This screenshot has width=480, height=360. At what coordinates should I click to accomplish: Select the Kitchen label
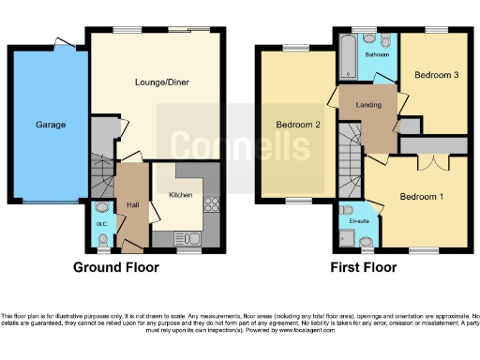coord(181,195)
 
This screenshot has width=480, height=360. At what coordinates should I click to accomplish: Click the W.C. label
coord(102,223)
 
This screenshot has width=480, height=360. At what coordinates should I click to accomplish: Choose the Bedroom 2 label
coord(298,125)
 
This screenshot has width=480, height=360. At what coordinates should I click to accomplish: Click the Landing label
coord(369,104)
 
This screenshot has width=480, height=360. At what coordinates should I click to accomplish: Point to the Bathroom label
coord(378,55)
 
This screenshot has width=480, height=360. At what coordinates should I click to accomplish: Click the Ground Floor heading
coord(116,267)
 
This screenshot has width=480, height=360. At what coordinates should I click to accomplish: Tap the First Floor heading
coord(363,267)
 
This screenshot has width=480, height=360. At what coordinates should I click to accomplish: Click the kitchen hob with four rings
coord(211,207)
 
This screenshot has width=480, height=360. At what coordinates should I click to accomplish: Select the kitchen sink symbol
coord(189,239)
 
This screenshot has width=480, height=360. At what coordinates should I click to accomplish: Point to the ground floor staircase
coord(101,169)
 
